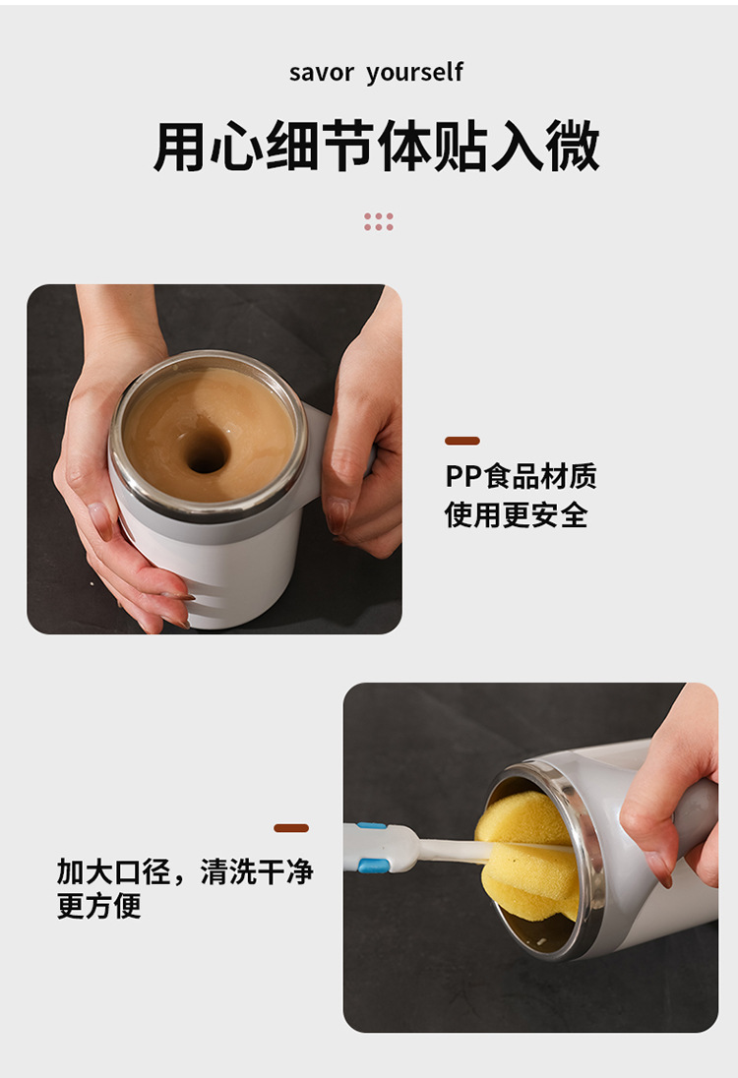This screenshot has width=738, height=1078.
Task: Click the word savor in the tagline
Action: click(321, 73)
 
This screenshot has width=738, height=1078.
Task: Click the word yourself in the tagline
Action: click(414, 73)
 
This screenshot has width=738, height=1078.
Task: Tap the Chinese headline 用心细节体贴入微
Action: click(376, 148)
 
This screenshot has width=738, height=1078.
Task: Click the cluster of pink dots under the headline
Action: click(379, 221)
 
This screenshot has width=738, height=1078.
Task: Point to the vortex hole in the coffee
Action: click(206, 451)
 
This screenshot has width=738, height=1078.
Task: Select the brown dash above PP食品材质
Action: click(462, 441)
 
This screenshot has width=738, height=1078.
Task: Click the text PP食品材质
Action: click(521, 477)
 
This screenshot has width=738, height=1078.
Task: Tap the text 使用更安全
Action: click(516, 514)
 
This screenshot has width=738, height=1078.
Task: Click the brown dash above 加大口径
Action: click(291, 828)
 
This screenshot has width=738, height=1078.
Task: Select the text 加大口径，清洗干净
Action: click(185, 871)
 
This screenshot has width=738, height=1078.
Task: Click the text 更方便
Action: click(99, 906)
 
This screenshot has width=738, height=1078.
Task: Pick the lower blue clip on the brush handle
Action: click(371, 866)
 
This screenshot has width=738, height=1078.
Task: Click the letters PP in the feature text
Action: click(461, 477)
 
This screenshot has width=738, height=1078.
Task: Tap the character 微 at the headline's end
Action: click(575, 148)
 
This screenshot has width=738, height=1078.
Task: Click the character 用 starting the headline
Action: click(179, 148)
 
